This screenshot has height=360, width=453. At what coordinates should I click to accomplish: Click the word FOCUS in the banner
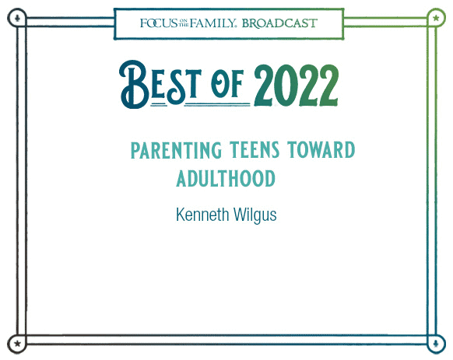(x=159, y=23)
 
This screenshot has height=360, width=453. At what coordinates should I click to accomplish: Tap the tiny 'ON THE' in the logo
(x=184, y=23)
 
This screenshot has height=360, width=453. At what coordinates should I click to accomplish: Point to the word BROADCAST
(x=279, y=23)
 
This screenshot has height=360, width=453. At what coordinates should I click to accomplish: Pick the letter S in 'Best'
(x=177, y=86)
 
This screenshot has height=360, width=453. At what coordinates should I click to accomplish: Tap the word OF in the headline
(x=227, y=84)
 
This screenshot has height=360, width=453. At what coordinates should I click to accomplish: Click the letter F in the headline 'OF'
(x=237, y=84)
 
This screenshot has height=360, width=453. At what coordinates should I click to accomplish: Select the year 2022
(x=296, y=86)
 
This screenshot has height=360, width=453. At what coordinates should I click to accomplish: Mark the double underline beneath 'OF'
(x=217, y=104)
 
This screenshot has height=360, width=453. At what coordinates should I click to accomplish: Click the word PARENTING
(x=176, y=150)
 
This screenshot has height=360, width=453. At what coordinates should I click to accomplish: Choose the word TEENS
(x=255, y=149)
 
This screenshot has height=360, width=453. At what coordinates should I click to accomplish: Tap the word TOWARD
(x=321, y=149)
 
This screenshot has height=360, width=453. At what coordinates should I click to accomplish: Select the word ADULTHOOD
(x=226, y=178)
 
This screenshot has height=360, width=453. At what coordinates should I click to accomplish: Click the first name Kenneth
(x=202, y=215)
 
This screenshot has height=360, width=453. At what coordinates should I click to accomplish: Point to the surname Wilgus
(x=255, y=215)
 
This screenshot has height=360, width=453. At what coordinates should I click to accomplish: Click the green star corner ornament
(x=436, y=18)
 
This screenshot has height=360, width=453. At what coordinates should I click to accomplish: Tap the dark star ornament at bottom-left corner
(x=17, y=344)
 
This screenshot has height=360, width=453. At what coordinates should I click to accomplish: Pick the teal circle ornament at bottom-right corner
(x=436, y=344)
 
